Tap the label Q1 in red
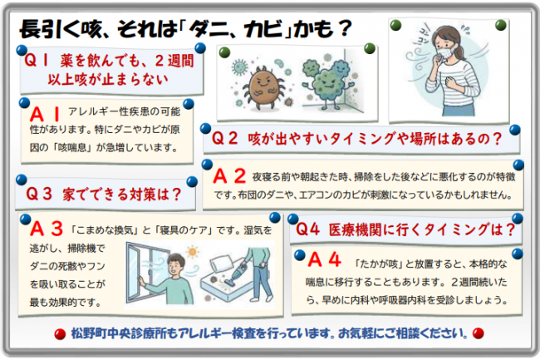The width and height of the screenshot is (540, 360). [37, 61]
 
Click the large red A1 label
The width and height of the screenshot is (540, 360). [45, 115]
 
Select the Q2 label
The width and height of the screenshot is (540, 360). [224, 139]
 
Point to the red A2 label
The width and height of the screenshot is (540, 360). [229, 176]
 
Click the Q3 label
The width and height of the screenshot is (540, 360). [39, 194]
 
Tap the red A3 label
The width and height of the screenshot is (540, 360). [47, 229]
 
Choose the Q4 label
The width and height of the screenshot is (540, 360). [307, 229]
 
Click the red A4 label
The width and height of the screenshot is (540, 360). [324, 259]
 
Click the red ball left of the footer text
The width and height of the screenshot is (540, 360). [60, 334]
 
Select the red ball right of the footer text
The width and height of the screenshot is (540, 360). [478, 333]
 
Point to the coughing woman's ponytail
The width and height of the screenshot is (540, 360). [461, 52]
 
